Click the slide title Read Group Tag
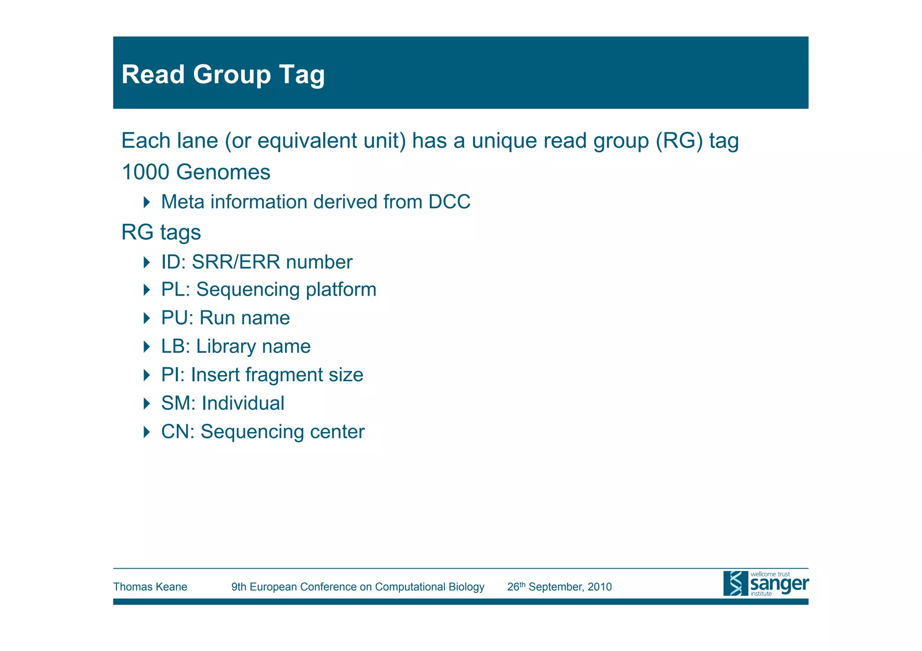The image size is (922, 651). [223, 74]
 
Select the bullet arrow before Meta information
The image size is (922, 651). [146, 202]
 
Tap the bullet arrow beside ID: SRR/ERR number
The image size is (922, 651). [146, 262]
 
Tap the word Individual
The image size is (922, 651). [243, 403]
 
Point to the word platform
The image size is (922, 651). [341, 290]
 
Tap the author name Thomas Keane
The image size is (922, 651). [150, 587]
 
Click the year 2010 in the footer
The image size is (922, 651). [600, 587]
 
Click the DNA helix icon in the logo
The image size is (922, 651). [735, 584]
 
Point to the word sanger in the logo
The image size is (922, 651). [779, 584]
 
